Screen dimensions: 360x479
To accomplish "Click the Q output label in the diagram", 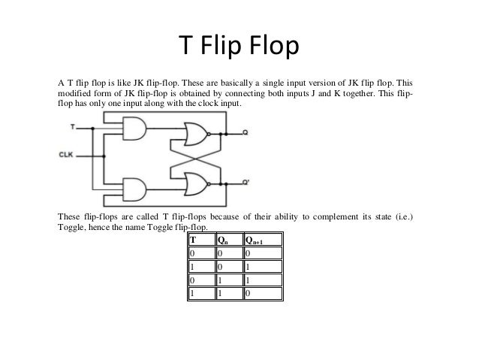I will [x=246, y=132].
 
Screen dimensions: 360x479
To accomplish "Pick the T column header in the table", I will [x=192, y=241].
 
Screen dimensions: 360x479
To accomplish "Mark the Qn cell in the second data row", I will [x=220, y=267].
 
